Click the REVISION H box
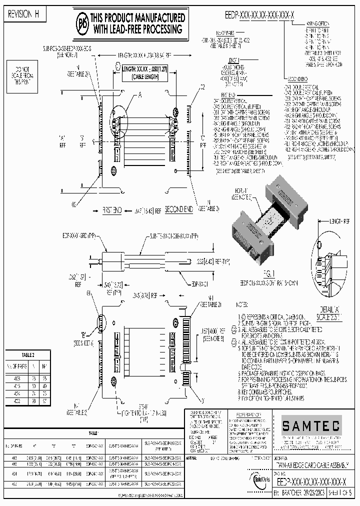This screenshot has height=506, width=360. point(24,15)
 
